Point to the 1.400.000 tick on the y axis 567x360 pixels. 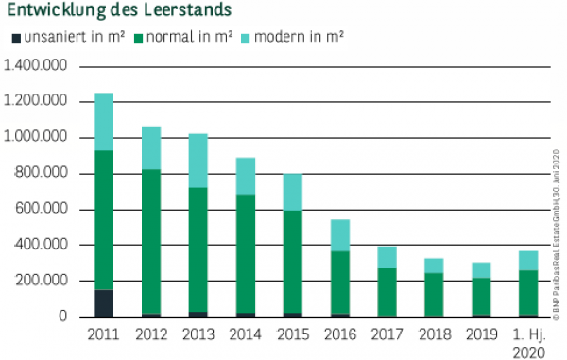(37, 66)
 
